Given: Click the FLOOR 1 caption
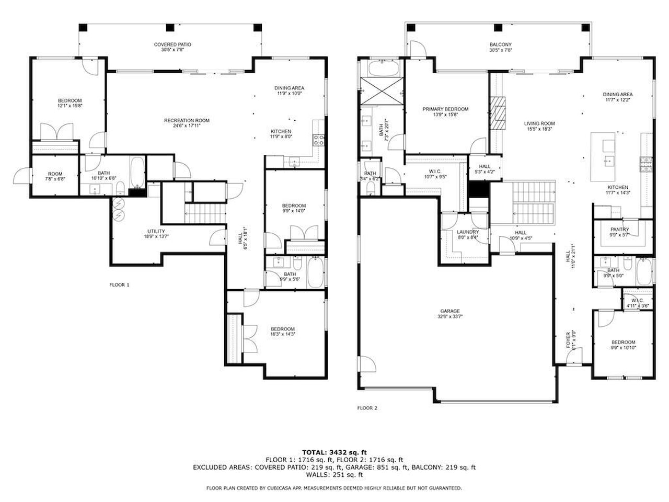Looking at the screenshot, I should [x=119, y=285].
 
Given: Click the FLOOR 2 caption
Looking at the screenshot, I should [x=367, y=408].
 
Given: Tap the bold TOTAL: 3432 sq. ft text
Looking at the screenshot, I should [x=334, y=452].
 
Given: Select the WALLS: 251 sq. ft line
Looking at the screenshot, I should [x=334, y=475].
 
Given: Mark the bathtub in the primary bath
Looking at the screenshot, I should [x=382, y=69].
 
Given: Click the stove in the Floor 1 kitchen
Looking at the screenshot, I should [x=318, y=140].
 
